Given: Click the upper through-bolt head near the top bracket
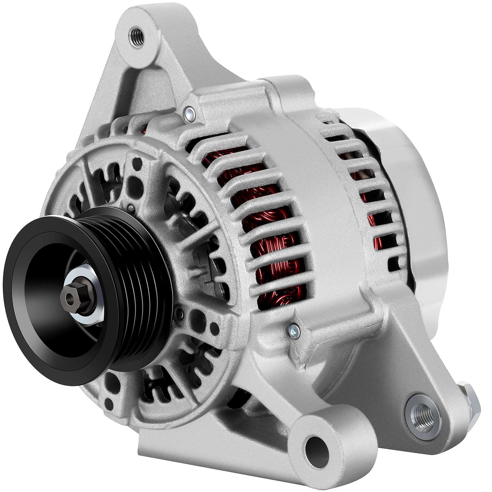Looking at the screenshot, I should click(x=188, y=113).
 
